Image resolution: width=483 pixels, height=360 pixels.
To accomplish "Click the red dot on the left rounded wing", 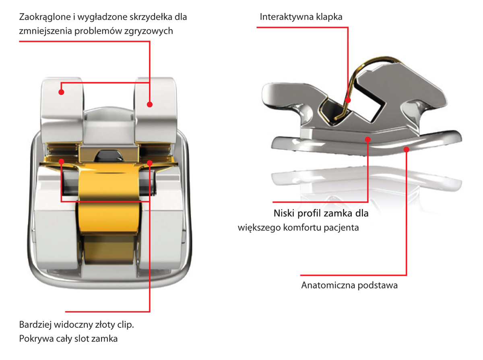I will (x=61, y=92).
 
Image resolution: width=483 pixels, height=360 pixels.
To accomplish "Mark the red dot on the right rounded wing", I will (x=149, y=104).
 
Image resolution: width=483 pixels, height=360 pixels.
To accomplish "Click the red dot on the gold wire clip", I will (x=348, y=100).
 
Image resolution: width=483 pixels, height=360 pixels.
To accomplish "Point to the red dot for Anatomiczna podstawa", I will (x=407, y=149).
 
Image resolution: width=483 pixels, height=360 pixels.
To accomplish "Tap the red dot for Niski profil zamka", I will (x=368, y=139).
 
